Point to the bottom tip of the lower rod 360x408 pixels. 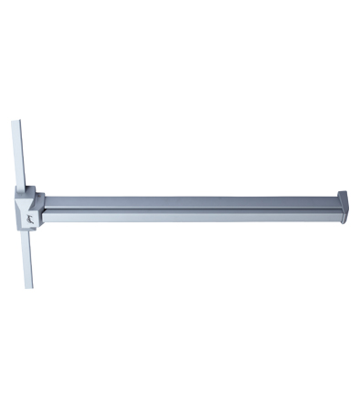pos(27,286)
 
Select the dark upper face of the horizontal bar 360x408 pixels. pos(183,200)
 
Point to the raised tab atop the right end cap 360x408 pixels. pos(343,193)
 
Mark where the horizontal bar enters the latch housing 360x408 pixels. pos(44,208)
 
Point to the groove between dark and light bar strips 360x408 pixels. pos(183,209)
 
